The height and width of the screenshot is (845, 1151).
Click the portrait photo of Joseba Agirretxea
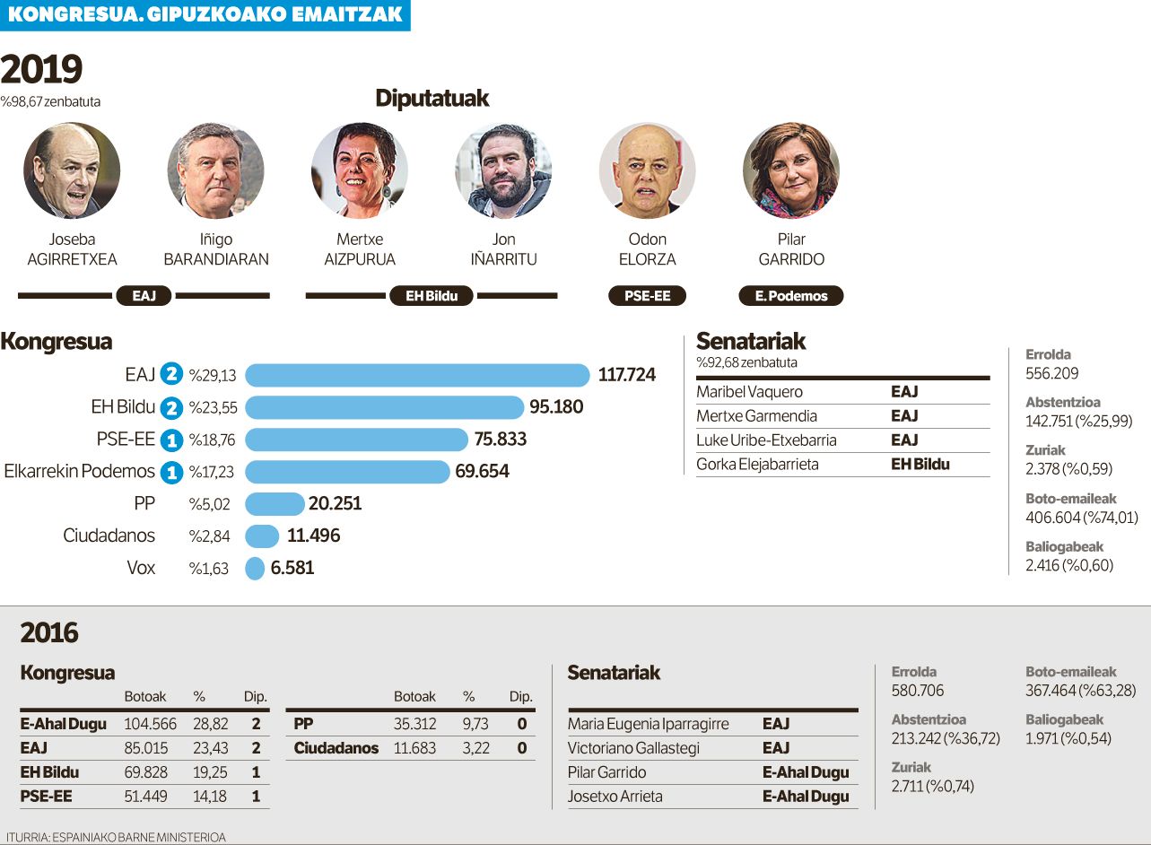click(72, 170)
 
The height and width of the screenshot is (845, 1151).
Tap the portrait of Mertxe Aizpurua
click(360, 170)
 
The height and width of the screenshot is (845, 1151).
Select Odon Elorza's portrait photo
click(647, 170)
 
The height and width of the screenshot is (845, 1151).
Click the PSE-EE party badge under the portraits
click(647, 296)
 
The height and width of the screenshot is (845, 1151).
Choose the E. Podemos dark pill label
click(790, 296)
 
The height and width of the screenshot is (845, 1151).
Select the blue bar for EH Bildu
click(384, 407)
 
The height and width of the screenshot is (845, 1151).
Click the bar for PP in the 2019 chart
click(275, 503)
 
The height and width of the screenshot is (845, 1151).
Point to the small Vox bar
click(255, 568)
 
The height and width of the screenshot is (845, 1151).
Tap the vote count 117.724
click(626, 375)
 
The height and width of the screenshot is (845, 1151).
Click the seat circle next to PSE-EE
click(170, 440)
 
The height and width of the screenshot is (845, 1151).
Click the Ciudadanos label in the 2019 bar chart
click(109, 536)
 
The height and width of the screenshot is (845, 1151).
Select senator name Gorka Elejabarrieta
click(757, 465)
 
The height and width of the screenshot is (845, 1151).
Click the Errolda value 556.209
click(1052, 373)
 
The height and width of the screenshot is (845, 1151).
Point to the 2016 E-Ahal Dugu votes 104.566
click(150, 724)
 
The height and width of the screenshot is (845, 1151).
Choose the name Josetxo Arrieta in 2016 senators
click(615, 797)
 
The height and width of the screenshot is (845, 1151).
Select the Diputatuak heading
click(432, 99)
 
